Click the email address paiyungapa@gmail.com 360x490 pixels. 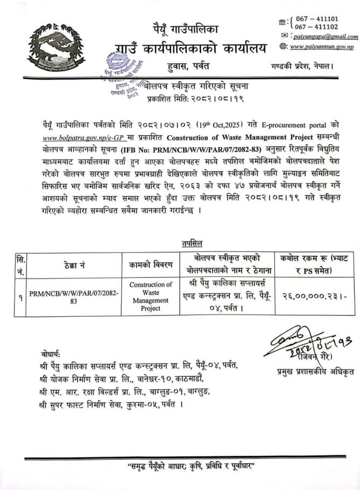(326, 37)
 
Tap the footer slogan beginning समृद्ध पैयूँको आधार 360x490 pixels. (187, 465)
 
